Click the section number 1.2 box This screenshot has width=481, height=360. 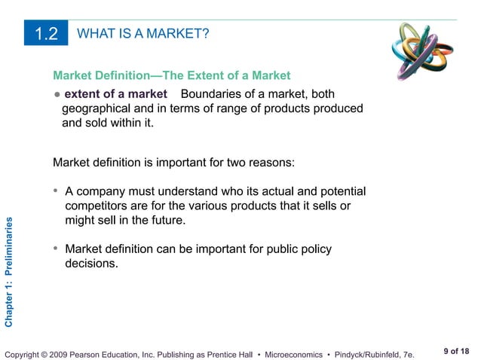pyautogui.click(x=47, y=35)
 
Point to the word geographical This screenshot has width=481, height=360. pyautogui.click(x=97, y=108)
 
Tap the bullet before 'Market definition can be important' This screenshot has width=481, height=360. pyautogui.click(x=57, y=249)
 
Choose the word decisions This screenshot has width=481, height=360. pyautogui.click(x=91, y=264)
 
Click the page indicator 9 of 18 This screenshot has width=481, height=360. pyautogui.click(x=456, y=349)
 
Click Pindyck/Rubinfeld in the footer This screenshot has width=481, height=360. pyautogui.click(x=366, y=354)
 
